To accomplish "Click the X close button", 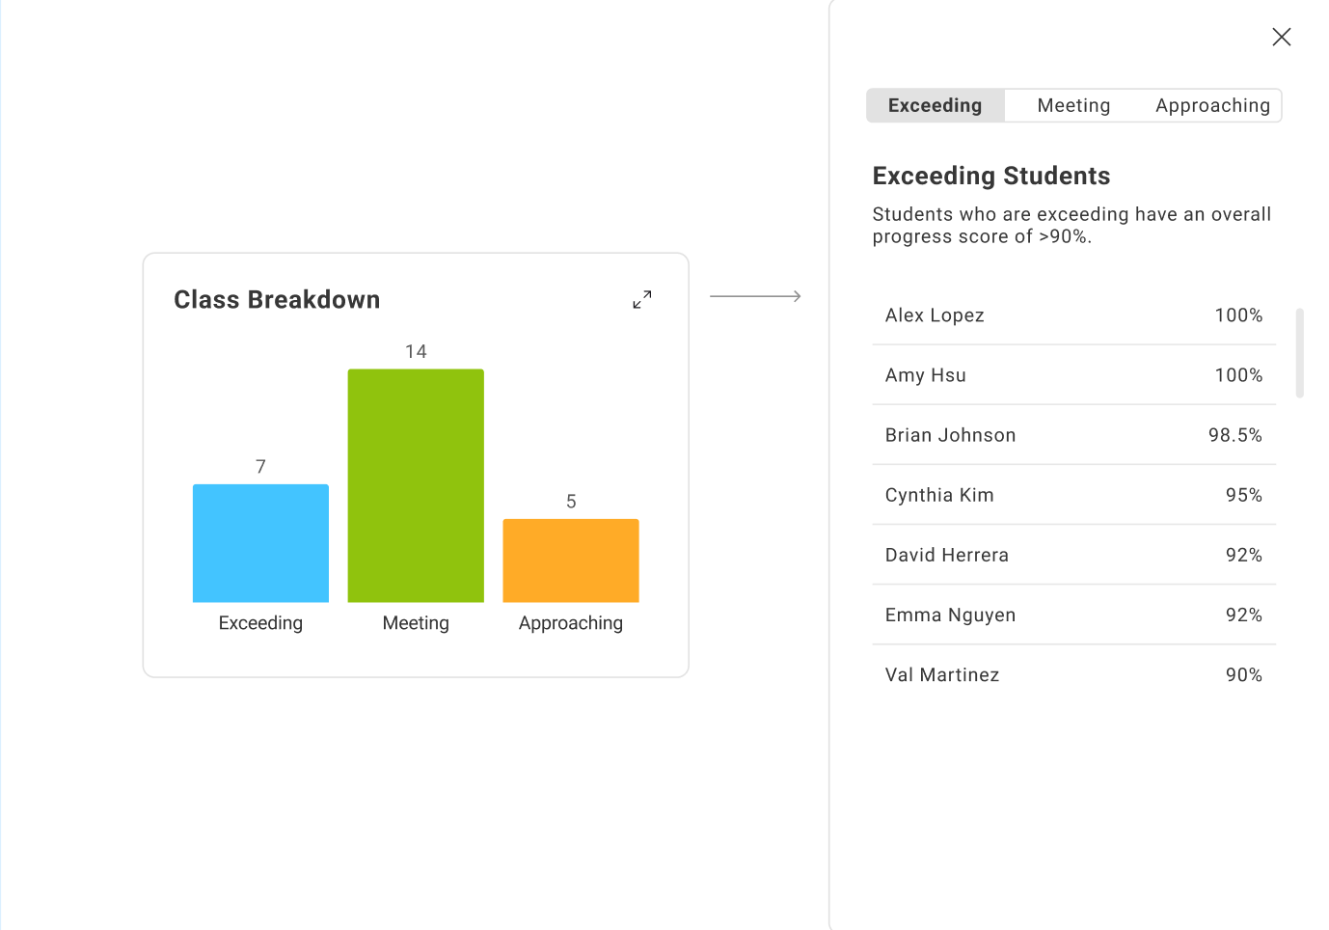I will coord(1281,37).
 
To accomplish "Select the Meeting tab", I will coord(1073,105).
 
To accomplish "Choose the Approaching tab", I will coord(1212,105).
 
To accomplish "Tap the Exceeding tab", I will coord(935,105).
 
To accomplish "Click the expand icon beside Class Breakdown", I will coord(642,300).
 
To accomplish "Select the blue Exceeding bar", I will coord(260,543).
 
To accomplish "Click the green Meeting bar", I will coord(416,485).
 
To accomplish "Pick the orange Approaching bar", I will coord(571,561).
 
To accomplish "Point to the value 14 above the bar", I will coord(416,352).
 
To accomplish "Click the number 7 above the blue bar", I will coord(260,467).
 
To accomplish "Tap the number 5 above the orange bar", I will coord(571,502).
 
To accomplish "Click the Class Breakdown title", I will coord(277,300).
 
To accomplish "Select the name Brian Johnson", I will coord(950,435).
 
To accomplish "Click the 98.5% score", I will coord(1234,435).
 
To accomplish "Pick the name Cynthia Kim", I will coord(939,495).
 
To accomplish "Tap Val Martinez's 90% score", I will coord(1243,675).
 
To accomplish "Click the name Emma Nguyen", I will coord(950,615).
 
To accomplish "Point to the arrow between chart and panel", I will coord(755,296).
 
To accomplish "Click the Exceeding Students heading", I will coord(991,176).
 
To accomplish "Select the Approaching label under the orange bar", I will coord(571,623).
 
